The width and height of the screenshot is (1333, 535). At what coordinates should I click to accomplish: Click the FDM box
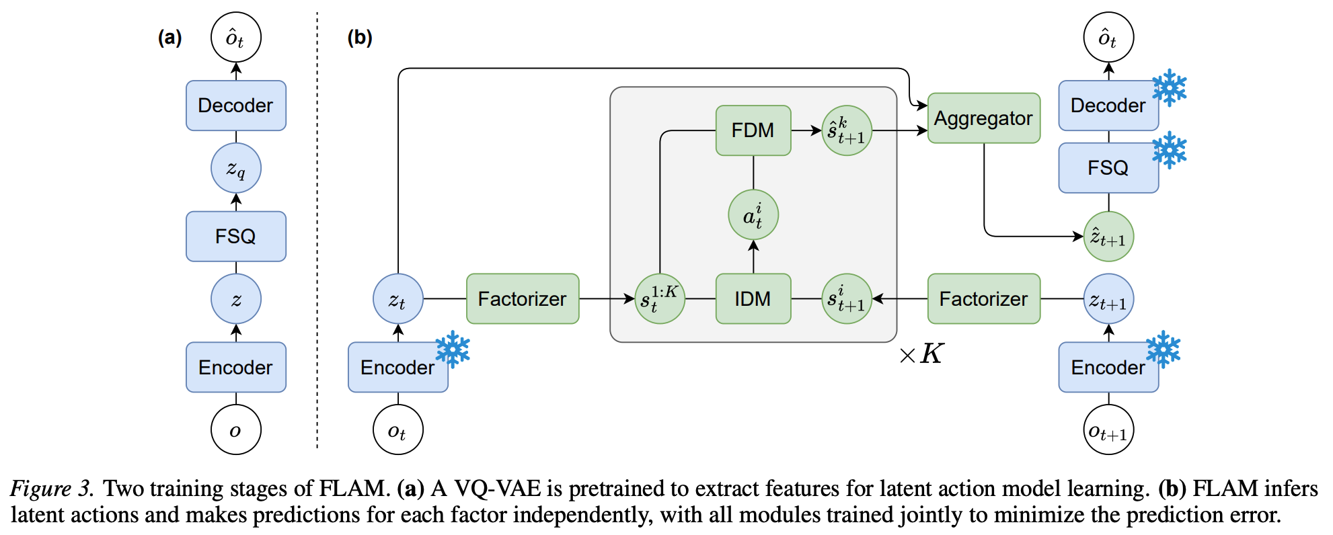753,130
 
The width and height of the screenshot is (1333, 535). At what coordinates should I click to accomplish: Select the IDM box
753,298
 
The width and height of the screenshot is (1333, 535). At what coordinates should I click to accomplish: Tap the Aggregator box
983,118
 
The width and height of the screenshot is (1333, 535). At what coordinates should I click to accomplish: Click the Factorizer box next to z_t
522,298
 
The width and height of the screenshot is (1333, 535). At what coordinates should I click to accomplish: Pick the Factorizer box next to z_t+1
983,298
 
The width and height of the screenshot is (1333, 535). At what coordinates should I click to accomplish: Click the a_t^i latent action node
753,215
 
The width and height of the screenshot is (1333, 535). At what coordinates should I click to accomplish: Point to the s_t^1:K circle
660,298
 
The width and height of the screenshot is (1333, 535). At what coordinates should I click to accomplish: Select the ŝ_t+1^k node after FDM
847,130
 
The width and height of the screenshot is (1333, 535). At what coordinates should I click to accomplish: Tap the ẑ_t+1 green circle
1108,237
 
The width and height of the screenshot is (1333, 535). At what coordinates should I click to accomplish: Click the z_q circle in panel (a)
235,168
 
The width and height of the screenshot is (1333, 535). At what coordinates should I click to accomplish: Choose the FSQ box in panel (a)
235,237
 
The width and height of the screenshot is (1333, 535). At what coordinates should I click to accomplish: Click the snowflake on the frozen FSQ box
1169,150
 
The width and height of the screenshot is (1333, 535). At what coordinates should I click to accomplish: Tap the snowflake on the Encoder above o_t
453,349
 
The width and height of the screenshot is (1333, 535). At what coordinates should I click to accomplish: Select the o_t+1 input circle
1108,430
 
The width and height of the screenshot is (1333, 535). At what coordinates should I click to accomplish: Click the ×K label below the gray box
921,354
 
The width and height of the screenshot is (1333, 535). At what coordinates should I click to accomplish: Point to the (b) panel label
359,38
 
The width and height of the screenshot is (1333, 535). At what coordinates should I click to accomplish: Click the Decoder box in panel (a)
235,106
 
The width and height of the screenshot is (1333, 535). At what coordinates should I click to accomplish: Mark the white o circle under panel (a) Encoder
235,430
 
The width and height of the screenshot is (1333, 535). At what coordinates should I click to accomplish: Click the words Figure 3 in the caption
51,489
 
